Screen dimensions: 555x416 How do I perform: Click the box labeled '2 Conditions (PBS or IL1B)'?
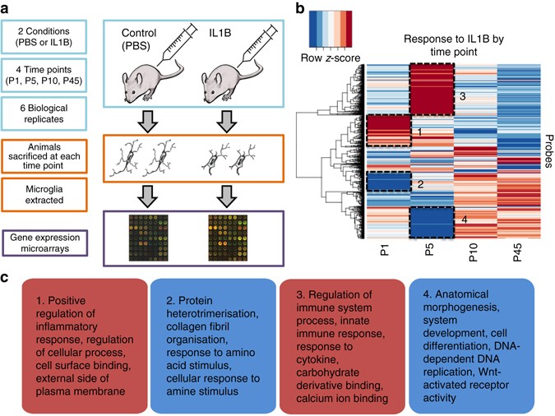(44, 37)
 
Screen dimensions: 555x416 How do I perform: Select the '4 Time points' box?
(44, 75)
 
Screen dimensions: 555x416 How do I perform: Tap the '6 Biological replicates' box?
(44, 113)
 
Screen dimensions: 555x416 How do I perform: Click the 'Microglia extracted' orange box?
(44, 195)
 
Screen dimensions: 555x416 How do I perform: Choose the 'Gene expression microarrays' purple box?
(44, 243)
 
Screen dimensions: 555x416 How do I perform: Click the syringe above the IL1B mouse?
(258, 44)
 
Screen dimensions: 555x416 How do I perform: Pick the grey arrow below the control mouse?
(147, 122)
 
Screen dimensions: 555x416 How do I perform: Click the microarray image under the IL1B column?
(228, 238)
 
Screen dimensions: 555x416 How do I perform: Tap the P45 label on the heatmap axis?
(517, 252)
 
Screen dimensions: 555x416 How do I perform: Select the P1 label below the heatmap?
(385, 250)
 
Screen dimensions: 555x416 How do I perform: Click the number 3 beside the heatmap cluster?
(462, 96)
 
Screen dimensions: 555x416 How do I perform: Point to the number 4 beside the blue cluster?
(464, 220)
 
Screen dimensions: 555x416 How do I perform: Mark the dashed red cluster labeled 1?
(389, 130)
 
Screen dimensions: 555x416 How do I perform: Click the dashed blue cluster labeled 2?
(389, 181)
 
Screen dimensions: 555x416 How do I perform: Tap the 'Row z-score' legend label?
(331, 58)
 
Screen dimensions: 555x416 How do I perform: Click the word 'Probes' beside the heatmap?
(548, 151)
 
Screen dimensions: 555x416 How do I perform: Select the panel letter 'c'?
(4, 278)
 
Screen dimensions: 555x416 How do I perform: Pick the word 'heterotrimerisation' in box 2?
(212, 314)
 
